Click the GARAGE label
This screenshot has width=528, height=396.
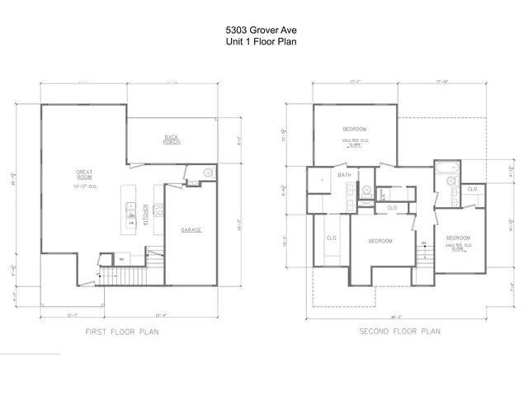[x=191, y=230]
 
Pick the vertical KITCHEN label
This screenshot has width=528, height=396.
[x=145, y=214]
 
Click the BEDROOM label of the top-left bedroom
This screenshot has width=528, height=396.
[x=355, y=130]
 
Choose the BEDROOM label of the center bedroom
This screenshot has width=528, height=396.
[x=380, y=241]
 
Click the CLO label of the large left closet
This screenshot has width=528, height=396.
[x=331, y=238]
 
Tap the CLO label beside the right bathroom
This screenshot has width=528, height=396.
[x=471, y=189]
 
